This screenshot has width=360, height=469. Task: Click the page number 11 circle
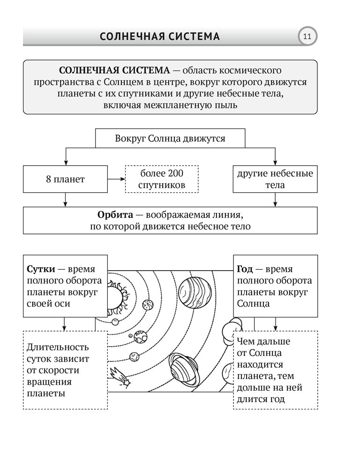pyautogui.click(x=307, y=37)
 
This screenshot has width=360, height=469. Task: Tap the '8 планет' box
pyautogui.click(x=65, y=179)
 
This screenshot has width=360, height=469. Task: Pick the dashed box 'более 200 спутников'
pyautogui.click(x=162, y=179)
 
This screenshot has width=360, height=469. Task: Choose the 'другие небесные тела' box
pyautogui.click(x=275, y=179)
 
